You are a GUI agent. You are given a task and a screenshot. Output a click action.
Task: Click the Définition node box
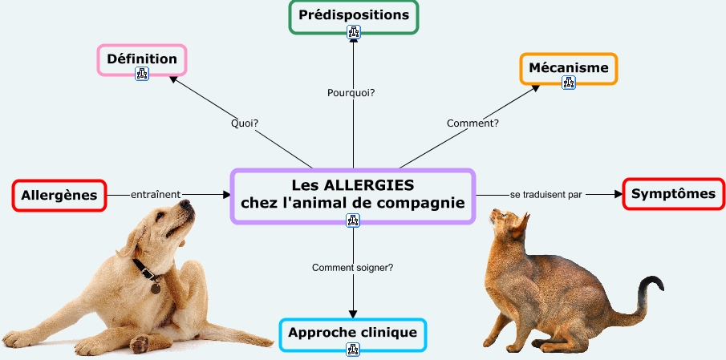coord(142,59)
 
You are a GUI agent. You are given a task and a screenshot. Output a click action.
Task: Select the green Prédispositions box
coord(353,14)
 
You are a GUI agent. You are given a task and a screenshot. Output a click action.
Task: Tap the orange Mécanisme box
coord(569,67)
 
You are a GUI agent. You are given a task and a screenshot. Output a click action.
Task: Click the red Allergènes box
coord(59,195)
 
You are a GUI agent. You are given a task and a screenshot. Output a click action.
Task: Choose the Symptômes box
coord(672,194)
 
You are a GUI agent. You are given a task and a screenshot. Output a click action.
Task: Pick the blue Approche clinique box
coord(353,332)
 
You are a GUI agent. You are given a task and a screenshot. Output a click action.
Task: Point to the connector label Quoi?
coord(244,123)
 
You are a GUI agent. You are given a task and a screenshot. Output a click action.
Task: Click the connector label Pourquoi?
coord(351,93)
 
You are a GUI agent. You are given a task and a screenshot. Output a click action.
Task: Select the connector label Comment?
coord(473,123)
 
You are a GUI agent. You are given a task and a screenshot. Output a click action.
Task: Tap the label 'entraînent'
coord(156,194)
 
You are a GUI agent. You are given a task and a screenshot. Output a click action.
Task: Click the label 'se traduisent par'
coord(546,195)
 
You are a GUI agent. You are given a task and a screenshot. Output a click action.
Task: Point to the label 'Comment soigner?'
coord(352,267)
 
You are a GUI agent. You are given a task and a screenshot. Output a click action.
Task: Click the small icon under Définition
coord(142,75)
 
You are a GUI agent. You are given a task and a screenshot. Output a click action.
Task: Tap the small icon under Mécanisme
coord(569,82)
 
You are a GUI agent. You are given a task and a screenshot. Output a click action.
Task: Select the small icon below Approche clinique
coord(353,349)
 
